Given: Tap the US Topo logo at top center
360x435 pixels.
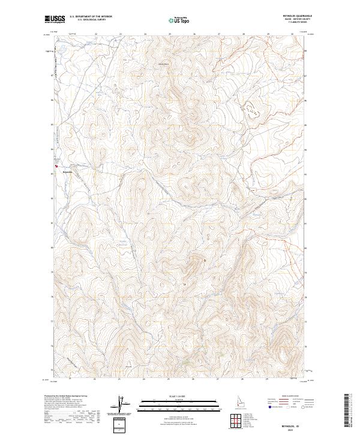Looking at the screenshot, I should (179, 20).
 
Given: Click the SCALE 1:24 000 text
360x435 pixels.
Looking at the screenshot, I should (179, 395).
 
